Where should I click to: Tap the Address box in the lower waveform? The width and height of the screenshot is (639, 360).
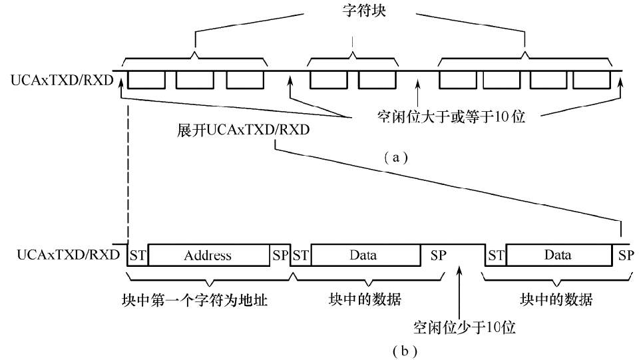(208, 255)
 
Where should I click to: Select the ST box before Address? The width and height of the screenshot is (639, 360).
(137, 255)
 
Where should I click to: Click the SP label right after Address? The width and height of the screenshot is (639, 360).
(280, 255)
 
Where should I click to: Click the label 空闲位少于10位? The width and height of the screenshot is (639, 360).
(459, 327)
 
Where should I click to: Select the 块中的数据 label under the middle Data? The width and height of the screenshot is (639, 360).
(365, 299)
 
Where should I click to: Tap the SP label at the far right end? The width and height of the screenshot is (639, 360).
(626, 255)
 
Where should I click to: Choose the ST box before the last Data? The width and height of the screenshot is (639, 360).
(496, 255)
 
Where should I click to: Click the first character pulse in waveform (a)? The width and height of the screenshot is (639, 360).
(146, 80)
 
